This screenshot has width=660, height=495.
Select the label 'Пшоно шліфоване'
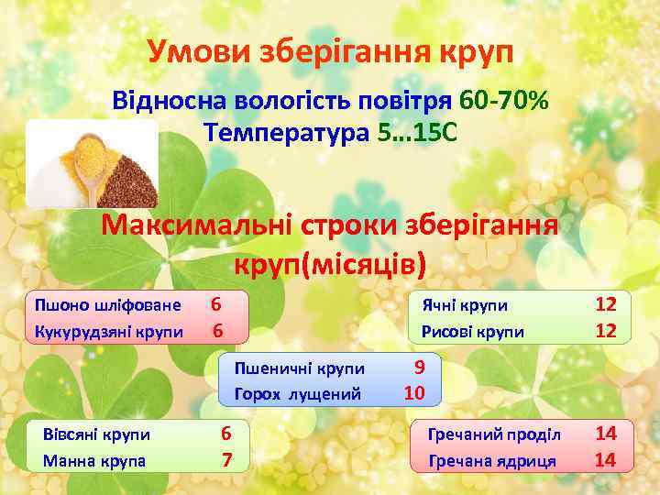107,304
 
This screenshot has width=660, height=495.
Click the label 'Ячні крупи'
464,305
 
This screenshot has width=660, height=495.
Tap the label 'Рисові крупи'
472,331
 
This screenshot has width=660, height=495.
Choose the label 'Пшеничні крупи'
300,368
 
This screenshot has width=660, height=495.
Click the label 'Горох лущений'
298,394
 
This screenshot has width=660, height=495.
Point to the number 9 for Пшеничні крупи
419,368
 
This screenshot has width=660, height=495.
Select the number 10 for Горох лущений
414,393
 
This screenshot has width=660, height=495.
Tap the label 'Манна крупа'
94,460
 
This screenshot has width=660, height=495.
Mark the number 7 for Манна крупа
226,459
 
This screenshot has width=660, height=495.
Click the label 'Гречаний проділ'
494,434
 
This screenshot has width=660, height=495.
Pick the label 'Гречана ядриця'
491,460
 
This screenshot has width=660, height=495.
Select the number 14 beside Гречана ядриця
605,459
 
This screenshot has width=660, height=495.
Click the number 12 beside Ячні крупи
606,303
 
